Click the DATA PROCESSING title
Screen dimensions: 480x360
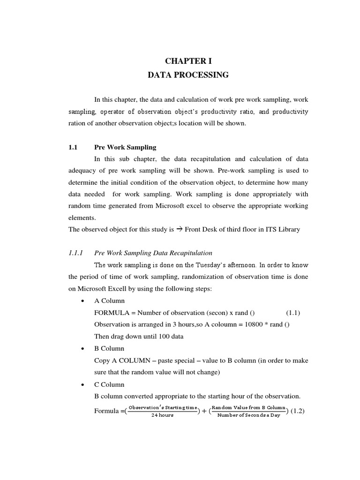tap(188, 75)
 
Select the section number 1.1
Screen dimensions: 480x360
tap(72, 147)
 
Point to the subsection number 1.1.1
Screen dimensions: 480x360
tap(75, 253)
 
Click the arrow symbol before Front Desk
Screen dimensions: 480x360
tap(179, 229)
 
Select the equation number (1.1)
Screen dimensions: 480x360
tap(293, 313)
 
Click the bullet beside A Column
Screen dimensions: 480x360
tap(82, 301)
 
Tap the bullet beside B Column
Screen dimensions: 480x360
tap(82, 349)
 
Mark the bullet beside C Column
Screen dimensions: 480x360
tap(82, 385)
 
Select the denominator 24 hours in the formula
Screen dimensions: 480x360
tap(162, 416)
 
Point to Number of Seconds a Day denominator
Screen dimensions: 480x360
tap(248, 416)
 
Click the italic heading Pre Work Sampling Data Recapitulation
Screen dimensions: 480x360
tap(153, 253)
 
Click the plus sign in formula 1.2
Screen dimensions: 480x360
tap(203, 411)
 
